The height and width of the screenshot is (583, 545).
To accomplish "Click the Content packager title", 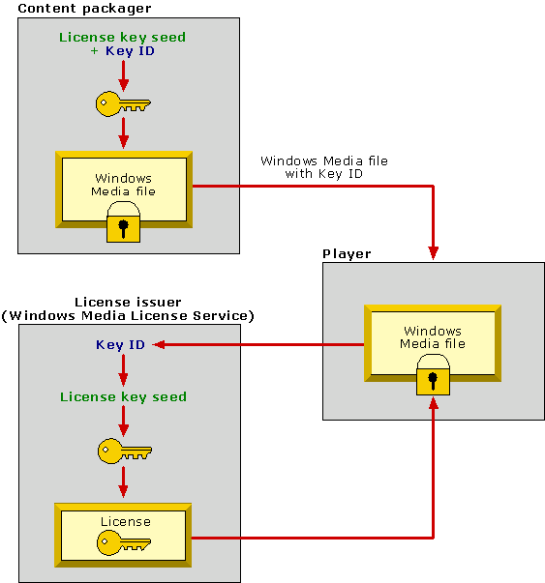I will [x=71, y=9].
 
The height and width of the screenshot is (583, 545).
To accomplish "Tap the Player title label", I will [x=346, y=254].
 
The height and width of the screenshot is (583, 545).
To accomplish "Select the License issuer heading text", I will [x=128, y=303].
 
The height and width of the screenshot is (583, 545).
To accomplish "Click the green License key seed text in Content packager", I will [x=123, y=38].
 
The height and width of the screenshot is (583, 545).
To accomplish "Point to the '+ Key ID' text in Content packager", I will [x=123, y=51].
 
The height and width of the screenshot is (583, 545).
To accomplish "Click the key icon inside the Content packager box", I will [x=123, y=102].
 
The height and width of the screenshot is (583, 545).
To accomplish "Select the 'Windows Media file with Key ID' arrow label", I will [x=323, y=167].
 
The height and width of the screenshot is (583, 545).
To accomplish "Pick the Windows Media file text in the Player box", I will [x=433, y=337].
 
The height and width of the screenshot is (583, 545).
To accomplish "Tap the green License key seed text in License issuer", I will [x=123, y=396].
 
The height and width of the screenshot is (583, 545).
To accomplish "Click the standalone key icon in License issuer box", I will [x=124, y=450].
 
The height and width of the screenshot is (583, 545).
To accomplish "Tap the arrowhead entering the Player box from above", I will [x=433, y=253].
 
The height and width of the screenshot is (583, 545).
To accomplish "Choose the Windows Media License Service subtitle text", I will [x=128, y=316].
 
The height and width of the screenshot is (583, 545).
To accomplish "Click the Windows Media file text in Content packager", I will [x=123, y=184].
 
